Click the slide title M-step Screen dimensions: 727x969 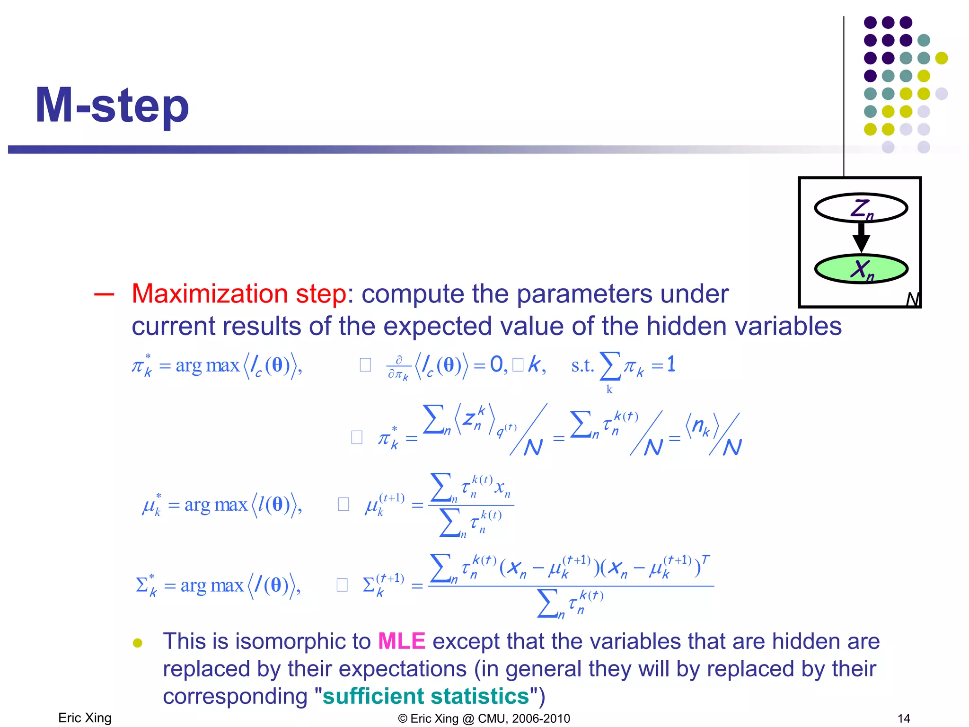coord(112,106)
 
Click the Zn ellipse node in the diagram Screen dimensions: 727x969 coord(861,208)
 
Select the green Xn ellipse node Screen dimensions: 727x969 coord(861,269)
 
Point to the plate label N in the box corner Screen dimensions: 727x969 coord(912,300)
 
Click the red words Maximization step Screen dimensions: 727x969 coord(239,294)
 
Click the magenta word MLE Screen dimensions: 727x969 coord(402,641)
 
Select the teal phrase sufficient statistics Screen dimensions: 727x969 coord(425,696)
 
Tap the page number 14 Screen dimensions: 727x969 coord(904,718)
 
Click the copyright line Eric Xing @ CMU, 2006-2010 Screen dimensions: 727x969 coord(484,718)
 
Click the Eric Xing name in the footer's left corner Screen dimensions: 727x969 coord(85,718)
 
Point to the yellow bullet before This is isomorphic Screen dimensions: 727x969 coord(138,643)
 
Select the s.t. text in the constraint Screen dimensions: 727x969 coord(582,365)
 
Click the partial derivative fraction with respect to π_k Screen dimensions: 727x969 coord(398,368)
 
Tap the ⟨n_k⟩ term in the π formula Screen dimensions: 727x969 coord(702,427)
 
